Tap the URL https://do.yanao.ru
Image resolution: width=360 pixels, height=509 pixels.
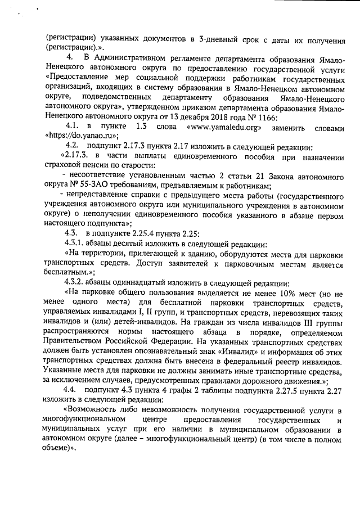point(79,136)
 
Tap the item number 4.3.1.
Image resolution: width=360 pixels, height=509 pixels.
point(76,244)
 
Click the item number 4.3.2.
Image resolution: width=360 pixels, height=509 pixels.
point(76,282)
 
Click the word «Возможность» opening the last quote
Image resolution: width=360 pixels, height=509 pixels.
point(94,410)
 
